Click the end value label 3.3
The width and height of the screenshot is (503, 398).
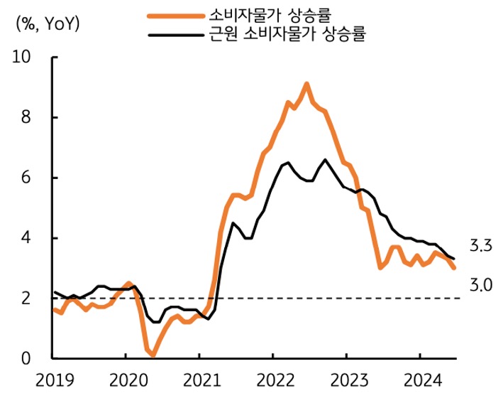[x=480, y=247]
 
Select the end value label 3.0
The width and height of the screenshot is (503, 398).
[x=480, y=285]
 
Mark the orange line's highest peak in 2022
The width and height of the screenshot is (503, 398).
[x=306, y=84]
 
